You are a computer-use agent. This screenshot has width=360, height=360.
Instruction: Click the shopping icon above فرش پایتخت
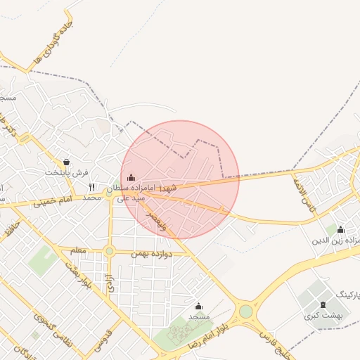(66, 162)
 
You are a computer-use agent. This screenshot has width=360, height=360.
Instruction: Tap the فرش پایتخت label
(67, 173)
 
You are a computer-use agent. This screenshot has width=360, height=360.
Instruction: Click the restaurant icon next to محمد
(92, 187)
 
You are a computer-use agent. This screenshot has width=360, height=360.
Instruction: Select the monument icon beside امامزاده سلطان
(131, 177)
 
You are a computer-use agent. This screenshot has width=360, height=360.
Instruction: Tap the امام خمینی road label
(56, 202)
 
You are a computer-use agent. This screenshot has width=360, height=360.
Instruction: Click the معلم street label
(78, 250)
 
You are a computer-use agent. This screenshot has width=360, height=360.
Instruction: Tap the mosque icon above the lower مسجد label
(198, 307)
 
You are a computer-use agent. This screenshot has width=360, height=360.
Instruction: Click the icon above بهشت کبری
(323, 304)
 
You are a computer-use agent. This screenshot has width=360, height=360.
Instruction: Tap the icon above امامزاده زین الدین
(340, 229)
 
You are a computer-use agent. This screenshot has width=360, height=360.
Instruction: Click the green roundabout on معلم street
(109, 251)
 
